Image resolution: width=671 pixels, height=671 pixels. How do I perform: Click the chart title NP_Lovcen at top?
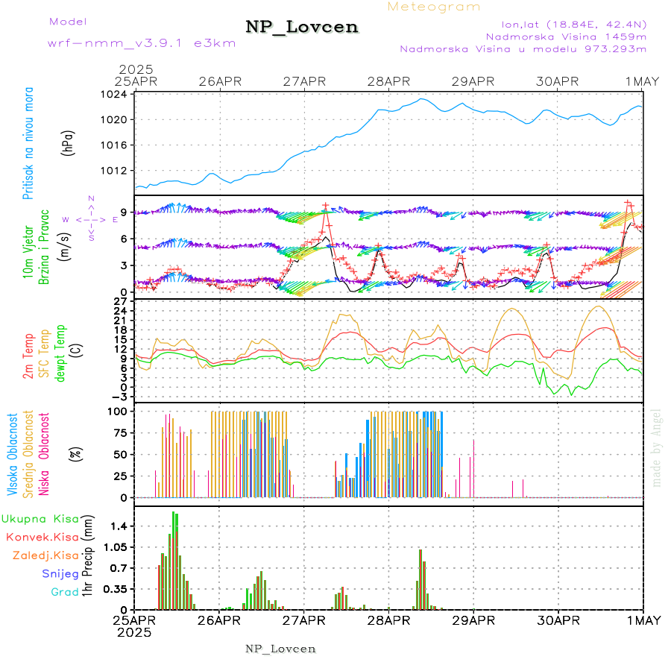coord(302,28)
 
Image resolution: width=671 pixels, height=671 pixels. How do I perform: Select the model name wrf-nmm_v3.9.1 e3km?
coord(142,43)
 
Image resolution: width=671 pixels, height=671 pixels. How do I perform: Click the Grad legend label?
coord(64,592)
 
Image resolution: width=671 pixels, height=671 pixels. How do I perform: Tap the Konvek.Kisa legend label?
coord(42,537)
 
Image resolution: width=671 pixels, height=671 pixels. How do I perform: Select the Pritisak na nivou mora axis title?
coord(29,143)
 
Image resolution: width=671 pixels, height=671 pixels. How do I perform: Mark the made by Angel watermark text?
coord(656,447)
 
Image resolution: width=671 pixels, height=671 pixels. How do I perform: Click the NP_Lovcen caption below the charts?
coord(280,649)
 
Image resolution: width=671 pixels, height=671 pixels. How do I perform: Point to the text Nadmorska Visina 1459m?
coord(566,36)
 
